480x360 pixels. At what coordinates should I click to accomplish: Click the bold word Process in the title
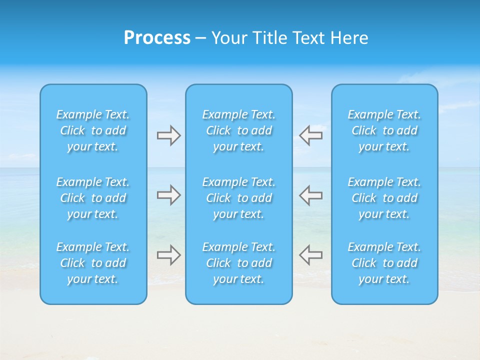tap(157, 38)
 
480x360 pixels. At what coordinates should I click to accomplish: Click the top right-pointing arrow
tap(168, 135)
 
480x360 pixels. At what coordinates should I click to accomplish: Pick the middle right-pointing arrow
tap(168, 195)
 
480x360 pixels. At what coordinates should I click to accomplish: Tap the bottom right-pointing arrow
tap(168, 255)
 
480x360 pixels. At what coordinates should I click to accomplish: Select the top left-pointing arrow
tap(310, 135)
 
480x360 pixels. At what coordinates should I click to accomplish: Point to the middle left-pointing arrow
tap(310, 195)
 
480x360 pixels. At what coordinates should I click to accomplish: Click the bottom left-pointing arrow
tap(310, 255)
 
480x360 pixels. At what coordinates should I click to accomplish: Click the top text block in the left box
tap(93, 130)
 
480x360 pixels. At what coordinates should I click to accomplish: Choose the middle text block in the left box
tap(93, 198)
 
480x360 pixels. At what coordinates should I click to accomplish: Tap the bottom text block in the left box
tap(93, 263)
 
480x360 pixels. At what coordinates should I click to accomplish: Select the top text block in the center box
tap(239, 130)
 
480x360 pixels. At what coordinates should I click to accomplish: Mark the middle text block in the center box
tap(239, 198)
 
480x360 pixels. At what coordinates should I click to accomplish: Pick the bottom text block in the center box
tap(239, 263)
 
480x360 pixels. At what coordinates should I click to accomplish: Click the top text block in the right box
tap(384, 130)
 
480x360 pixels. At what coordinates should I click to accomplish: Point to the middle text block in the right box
tap(384, 198)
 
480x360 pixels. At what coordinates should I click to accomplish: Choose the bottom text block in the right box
tap(384, 263)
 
